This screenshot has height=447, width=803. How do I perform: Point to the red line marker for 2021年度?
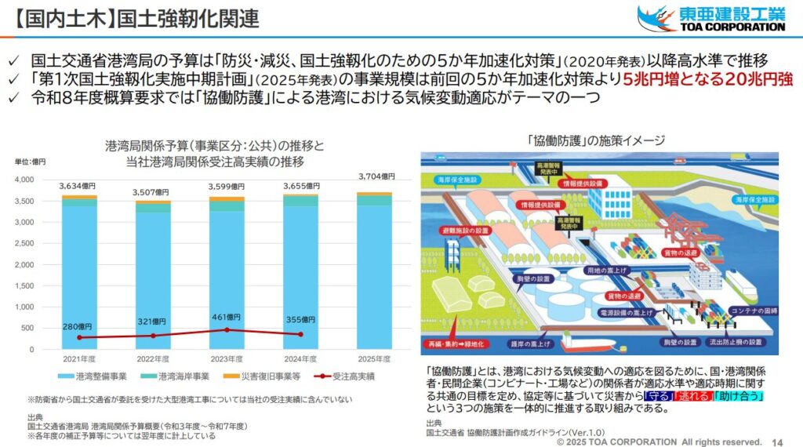pyautogui.click(x=78, y=337)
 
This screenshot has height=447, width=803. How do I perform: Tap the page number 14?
pyautogui.click(x=778, y=441)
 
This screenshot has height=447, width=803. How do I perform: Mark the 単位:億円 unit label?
pyautogui.click(x=31, y=162)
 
